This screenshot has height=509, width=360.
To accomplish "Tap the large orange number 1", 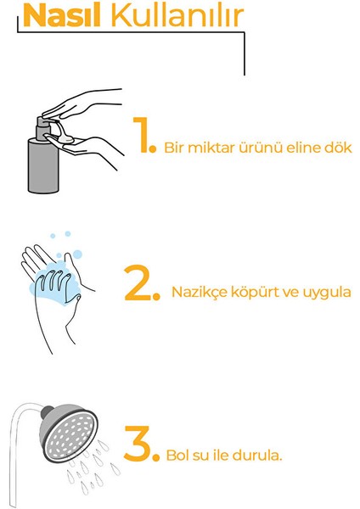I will pyautogui.click(x=141, y=136).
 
